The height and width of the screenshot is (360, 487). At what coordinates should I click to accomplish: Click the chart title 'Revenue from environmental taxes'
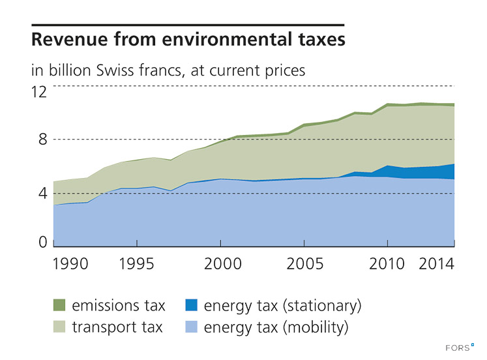click(188, 40)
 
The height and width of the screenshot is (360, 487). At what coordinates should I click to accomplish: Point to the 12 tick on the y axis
click(40, 92)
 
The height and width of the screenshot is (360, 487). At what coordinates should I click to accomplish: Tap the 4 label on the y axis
click(42, 194)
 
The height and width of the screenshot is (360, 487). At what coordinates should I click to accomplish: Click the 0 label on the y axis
click(42, 243)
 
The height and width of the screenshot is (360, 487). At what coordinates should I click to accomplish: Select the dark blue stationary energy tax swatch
click(190, 305)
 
